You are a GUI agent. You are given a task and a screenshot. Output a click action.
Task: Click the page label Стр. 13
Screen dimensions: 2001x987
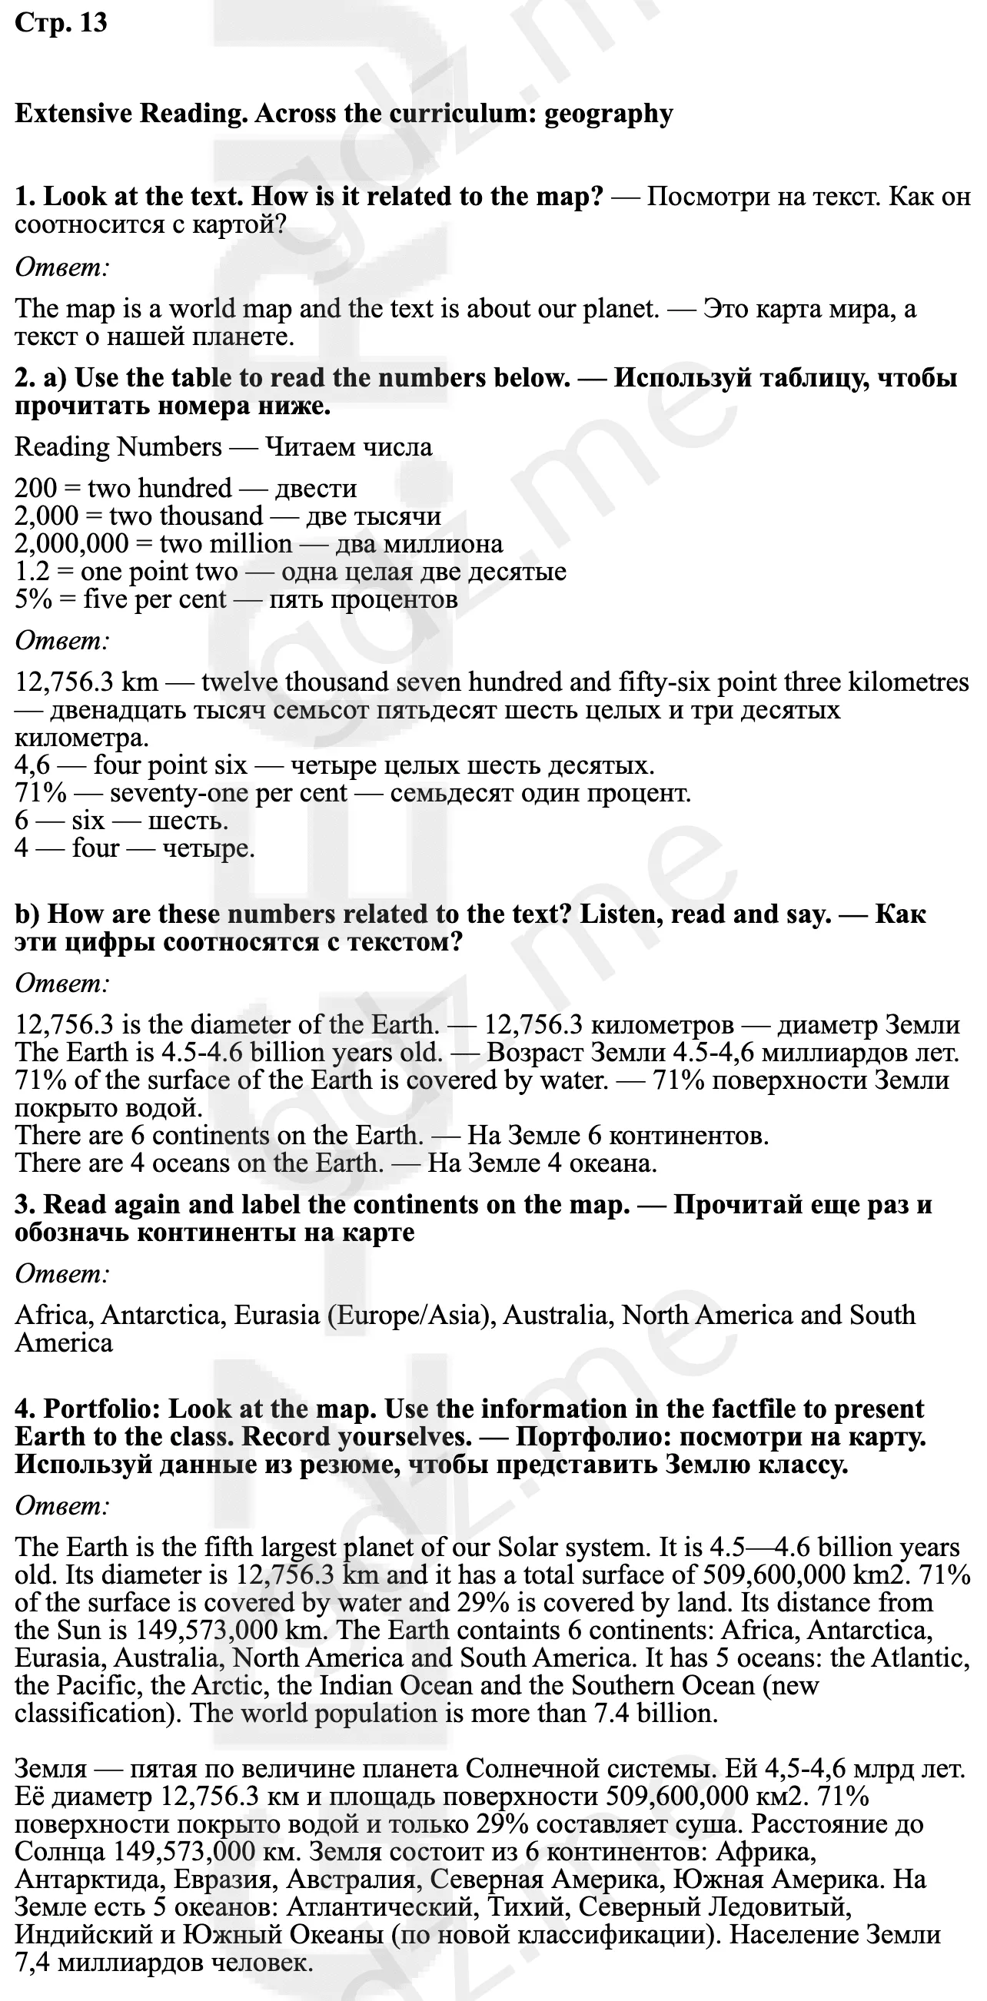(x=61, y=23)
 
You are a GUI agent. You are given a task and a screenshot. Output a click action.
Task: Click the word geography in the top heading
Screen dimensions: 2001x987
(x=609, y=114)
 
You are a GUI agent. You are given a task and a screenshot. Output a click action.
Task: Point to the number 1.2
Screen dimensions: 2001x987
(x=32, y=572)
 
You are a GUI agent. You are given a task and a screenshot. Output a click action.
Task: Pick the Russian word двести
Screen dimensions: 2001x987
(x=315, y=488)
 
